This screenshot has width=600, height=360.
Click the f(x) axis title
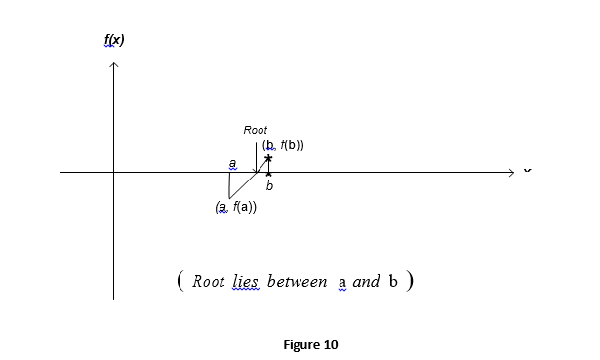(x=114, y=40)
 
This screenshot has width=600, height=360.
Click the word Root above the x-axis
(x=256, y=130)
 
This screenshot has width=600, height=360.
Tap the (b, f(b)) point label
(x=283, y=145)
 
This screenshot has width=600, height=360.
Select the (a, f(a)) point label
(x=235, y=207)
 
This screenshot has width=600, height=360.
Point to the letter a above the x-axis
(x=232, y=163)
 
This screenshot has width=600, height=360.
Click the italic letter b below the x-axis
(x=269, y=184)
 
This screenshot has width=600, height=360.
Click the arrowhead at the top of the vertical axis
(x=114, y=65)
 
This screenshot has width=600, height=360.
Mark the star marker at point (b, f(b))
(x=268, y=157)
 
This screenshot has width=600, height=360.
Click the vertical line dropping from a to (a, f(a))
(x=229, y=184)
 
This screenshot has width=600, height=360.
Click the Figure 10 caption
(x=310, y=344)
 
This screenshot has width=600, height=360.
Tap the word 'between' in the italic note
(x=297, y=282)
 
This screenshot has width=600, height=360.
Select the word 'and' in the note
(x=367, y=282)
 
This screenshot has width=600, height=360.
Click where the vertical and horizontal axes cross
(x=114, y=173)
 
